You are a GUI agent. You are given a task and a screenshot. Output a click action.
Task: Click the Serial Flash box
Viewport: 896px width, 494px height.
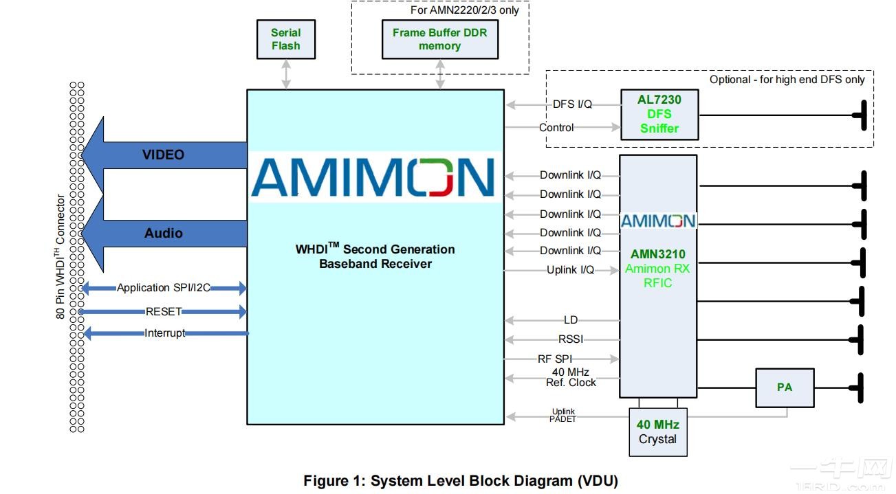point(285,39)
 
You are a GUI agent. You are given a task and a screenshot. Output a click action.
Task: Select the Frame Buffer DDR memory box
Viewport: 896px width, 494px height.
point(439,39)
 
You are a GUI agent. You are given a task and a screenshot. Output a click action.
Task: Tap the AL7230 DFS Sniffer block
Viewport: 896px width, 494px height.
point(659,114)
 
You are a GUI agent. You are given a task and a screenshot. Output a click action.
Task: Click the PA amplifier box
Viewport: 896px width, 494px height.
point(784,388)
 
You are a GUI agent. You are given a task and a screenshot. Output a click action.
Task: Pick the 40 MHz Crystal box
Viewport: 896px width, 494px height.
point(657,432)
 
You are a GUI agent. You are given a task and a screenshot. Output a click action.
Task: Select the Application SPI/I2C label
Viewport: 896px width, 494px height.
point(163,288)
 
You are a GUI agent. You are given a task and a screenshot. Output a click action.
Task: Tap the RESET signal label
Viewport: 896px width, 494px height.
point(163,311)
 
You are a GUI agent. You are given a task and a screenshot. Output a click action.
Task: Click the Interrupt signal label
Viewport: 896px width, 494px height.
point(164,333)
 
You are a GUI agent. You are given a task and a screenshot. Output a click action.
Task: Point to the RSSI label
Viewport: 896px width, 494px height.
point(571,339)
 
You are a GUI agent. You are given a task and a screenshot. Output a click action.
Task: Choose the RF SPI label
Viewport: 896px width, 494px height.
point(555,359)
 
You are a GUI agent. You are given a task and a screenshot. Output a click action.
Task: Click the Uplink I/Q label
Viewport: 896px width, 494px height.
point(570,270)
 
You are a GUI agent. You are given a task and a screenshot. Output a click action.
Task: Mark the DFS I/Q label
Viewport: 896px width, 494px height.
point(572,104)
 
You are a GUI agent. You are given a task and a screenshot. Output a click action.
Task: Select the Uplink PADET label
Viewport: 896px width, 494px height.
point(562,415)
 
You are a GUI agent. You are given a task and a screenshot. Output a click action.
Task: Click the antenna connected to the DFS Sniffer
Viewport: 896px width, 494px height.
point(860,115)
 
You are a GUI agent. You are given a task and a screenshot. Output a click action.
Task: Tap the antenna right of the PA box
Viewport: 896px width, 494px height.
point(860,388)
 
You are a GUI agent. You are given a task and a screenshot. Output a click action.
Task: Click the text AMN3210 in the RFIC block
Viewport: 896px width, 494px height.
point(657,254)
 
